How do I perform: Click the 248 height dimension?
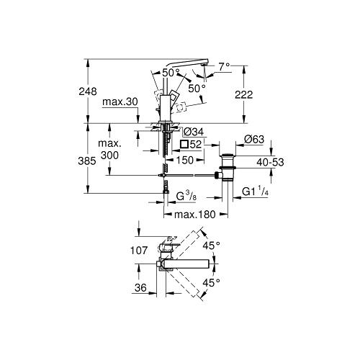[x=88, y=91]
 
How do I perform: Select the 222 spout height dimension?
[x=243, y=94]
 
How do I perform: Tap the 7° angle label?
[x=224, y=66]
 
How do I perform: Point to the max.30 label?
[x=120, y=102]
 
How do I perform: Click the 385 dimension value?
[x=87, y=161]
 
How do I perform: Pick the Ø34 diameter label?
[x=193, y=132]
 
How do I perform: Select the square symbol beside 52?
[x=184, y=144]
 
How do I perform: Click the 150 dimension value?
[x=184, y=160]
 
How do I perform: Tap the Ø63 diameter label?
[x=254, y=140]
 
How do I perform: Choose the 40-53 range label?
[x=270, y=163]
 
